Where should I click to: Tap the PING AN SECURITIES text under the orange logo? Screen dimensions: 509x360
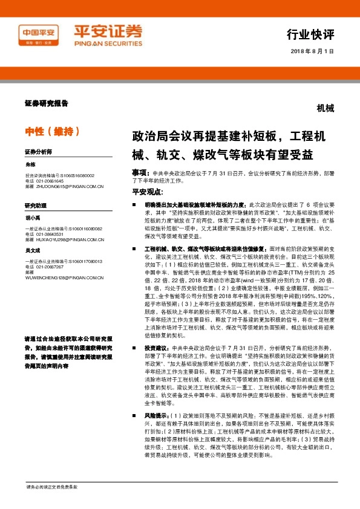(108, 44)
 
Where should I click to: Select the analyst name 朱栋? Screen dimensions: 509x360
(31, 164)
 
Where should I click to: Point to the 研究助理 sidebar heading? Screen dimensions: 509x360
(36, 206)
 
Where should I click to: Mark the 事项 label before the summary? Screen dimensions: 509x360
(142, 172)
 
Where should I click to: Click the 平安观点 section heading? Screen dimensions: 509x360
(148, 192)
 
